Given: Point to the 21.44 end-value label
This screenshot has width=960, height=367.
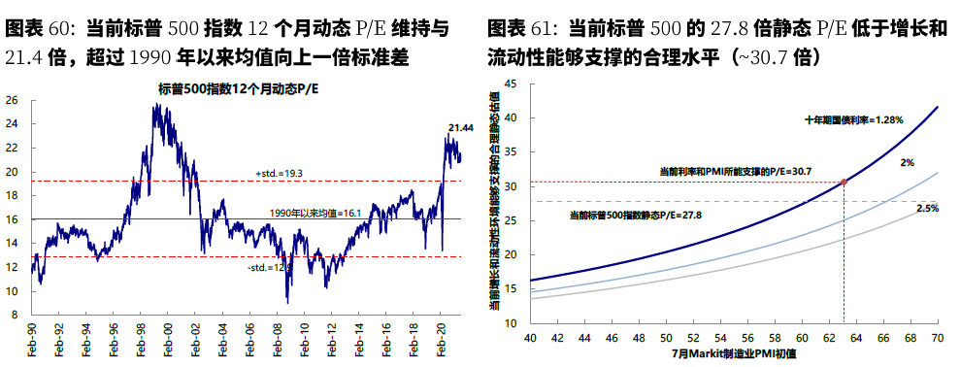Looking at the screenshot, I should pos(460,127).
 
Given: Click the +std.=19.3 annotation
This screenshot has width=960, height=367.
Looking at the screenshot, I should pos(280,173).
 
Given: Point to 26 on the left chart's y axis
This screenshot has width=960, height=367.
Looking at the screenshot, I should pos(12,100).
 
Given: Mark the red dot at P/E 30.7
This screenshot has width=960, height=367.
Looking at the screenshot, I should pos(844,182).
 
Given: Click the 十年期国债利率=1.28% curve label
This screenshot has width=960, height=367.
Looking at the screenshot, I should pos(854,120).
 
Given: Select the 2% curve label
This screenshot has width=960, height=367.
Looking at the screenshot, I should pos(906,163).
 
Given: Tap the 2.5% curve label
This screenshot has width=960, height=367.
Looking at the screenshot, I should pos(927,209).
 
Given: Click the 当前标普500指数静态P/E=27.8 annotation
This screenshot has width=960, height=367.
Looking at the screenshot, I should pos(635,214).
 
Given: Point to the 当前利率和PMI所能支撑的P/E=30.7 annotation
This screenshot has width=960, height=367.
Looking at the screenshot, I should pos(735,171).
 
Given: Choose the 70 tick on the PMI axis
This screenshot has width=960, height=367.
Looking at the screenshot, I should pos(938,337).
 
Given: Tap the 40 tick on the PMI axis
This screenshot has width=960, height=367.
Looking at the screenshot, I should pos(530,337).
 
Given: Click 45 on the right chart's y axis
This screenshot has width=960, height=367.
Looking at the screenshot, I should pos(511,84).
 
